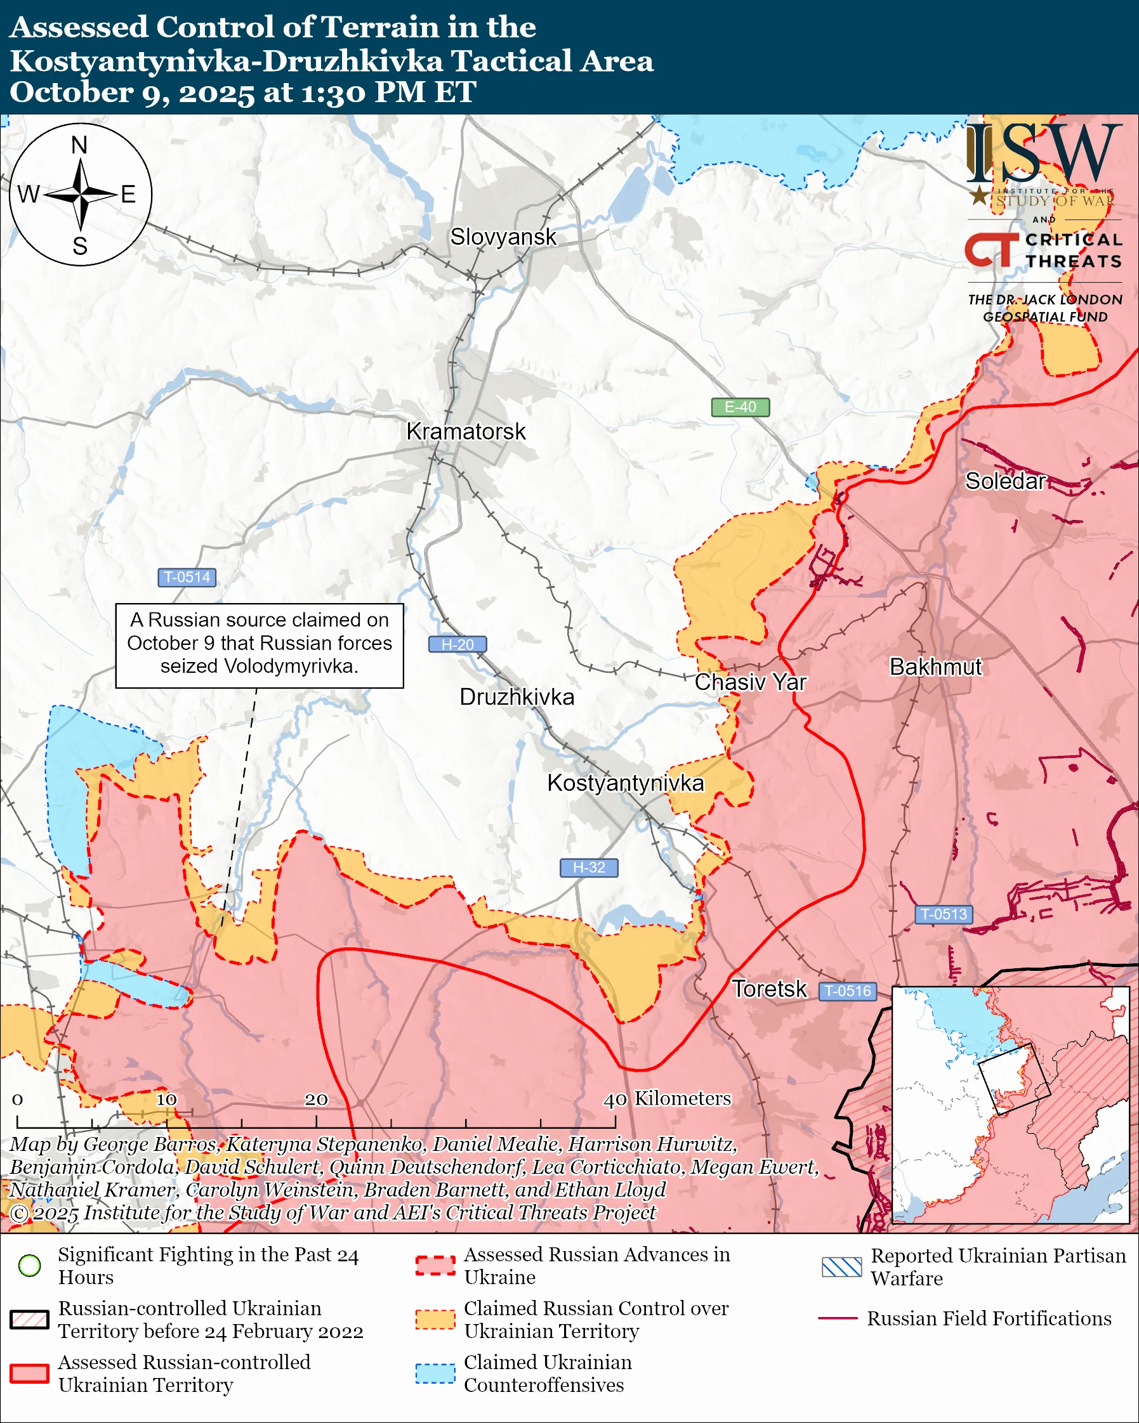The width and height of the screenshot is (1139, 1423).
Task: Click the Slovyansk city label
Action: [x=503, y=237]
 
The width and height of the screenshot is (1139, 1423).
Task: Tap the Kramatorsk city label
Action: [x=466, y=432]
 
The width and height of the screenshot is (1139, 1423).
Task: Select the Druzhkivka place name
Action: [x=517, y=697]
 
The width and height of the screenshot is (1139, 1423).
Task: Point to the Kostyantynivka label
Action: [x=625, y=783]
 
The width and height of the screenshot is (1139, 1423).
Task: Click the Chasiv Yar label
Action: [x=750, y=682]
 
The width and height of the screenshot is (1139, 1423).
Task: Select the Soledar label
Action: [x=1005, y=481]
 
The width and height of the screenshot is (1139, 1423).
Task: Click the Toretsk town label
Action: [x=769, y=989]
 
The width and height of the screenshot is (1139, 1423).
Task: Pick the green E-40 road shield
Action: [x=740, y=407]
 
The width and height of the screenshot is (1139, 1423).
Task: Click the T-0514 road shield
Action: [x=187, y=577]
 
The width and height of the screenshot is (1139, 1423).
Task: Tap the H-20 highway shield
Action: [x=458, y=644]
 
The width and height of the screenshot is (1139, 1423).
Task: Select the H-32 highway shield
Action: [x=589, y=867]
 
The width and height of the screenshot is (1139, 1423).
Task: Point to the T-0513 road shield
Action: [x=944, y=914]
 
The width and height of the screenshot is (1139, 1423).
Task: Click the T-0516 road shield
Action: [x=848, y=991]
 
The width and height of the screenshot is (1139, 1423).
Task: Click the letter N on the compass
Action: [x=79, y=145]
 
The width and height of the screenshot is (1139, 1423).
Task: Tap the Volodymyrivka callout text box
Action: [x=260, y=645]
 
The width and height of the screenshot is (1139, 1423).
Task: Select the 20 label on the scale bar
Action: [x=315, y=1099]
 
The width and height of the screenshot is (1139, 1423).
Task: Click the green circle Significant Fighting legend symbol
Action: [x=30, y=1265]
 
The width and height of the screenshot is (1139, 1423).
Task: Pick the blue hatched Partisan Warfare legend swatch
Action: [x=841, y=1266]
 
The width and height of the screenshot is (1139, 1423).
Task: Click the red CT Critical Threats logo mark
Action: [x=991, y=250]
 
